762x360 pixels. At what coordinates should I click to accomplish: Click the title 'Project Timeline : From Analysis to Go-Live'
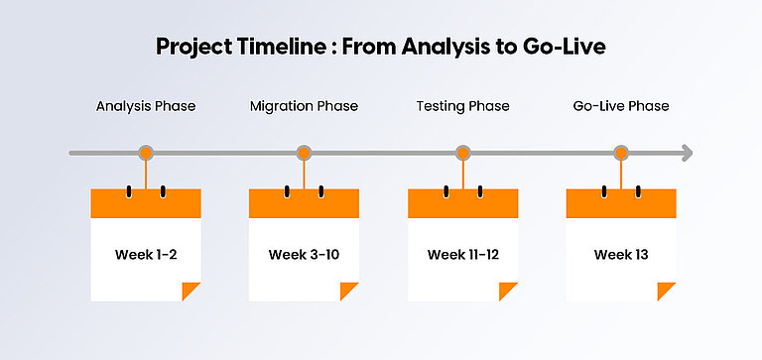click(x=381, y=47)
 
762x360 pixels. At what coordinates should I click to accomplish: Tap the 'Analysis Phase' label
click(x=146, y=106)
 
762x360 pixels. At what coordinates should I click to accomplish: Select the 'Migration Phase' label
click(x=304, y=106)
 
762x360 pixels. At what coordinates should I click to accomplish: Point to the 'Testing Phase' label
click(x=462, y=106)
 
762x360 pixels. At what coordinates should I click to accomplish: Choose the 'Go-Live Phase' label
click(x=621, y=106)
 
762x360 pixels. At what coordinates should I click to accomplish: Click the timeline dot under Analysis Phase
click(x=146, y=153)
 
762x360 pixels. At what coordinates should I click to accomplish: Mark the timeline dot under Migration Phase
click(x=305, y=153)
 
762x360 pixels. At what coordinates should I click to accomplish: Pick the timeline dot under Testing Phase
click(x=462, y=153)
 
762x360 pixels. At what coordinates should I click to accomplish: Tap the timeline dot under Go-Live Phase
click(x=621, y=153)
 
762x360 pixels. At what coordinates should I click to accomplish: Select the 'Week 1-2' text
click(x=146, y=255)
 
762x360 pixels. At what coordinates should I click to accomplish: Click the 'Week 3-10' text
click(x=304, y=255)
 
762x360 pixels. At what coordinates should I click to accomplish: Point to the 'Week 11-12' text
click(x=462, y=255)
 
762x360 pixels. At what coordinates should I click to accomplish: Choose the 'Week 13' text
click(x=621, y=255)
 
